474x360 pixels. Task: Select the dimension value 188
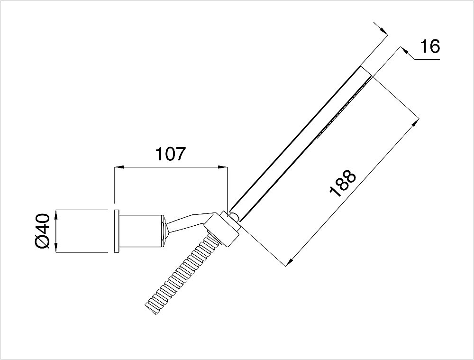342,184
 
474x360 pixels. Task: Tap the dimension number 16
430,46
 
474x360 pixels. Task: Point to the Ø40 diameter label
42,231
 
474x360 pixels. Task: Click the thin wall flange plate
115,231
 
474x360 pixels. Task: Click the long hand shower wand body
299,142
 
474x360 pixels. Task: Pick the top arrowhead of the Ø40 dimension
56,213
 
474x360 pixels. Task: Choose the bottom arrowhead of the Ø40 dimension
56,249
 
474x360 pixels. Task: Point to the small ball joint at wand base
235,216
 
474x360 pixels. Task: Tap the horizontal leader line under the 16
427,59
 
